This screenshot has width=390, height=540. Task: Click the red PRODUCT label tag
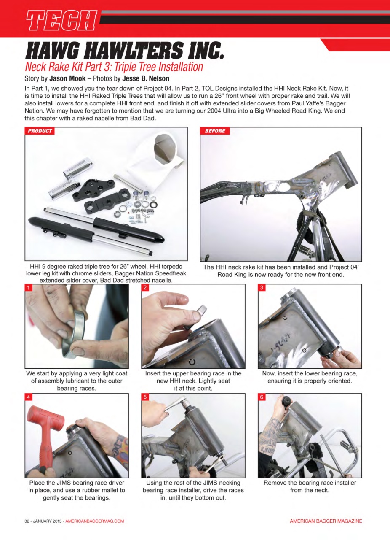point(40,131)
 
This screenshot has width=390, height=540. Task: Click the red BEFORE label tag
point(215,131)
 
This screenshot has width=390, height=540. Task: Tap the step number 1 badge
point(29,288)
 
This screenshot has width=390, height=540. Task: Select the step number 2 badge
point(145,288)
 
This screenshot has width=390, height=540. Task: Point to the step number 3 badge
point(262,288)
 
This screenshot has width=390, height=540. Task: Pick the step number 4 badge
point(29,397)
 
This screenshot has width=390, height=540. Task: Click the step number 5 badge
point(145,397)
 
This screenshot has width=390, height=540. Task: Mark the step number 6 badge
point(262,397)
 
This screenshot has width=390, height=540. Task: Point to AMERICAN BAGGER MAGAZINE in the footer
point(326,521)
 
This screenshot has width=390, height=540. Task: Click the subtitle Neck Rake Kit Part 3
point(114,67)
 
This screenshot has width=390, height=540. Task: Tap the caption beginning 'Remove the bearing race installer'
point(310,486)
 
